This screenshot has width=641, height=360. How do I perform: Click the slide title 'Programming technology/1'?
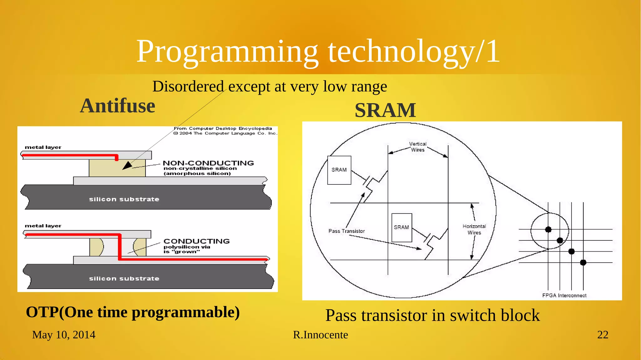318,52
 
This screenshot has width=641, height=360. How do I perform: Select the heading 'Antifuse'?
117,106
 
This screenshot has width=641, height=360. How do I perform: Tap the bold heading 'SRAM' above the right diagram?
385,110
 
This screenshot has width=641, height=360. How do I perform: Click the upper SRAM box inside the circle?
339,170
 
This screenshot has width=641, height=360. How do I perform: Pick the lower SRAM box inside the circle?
402,228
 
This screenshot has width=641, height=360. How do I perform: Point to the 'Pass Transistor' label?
346,231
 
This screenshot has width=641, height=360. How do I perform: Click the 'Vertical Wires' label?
418,147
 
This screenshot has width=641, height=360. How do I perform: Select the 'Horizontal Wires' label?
474,229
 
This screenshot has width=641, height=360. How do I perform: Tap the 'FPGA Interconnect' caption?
564,295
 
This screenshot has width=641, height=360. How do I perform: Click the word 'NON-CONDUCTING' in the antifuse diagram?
208,163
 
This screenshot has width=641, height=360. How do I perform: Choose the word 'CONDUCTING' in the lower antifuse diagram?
197,241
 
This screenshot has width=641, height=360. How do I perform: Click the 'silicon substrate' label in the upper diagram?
124,199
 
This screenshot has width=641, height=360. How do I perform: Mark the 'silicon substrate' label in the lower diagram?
124,278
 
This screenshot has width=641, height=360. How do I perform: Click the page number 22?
603,335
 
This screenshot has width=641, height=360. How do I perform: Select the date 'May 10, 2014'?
64,335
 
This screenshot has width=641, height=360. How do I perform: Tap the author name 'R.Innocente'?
320,335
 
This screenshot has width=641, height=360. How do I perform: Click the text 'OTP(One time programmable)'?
133,312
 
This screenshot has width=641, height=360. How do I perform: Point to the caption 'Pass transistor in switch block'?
432,315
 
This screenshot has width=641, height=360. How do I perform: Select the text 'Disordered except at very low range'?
269,86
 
